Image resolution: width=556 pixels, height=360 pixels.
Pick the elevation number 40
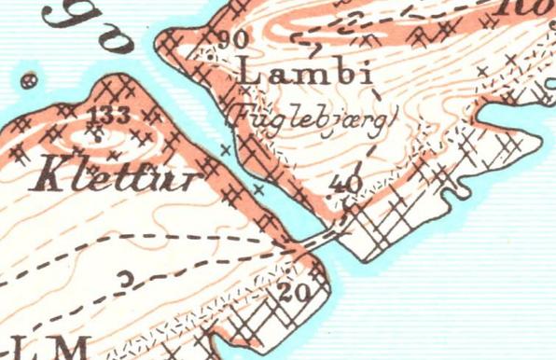point(346,184)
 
